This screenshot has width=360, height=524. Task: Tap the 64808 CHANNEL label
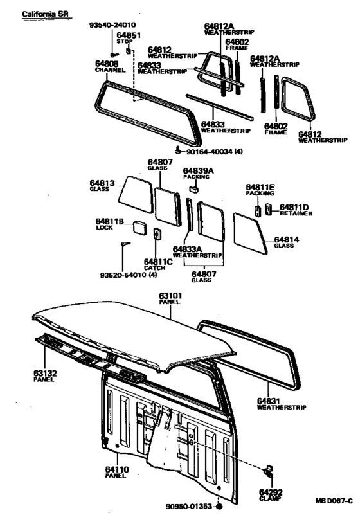(109, 67)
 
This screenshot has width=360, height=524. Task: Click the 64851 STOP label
(134, 38)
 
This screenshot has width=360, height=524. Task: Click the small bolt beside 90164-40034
(178, 151)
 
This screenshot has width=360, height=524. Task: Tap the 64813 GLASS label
(103, 186)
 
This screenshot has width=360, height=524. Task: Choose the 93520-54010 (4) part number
(129, 275)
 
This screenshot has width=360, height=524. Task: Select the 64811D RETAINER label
(295, 210)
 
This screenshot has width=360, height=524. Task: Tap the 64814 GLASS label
(285, 242)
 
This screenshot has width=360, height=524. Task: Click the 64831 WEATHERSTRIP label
(281, 402)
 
